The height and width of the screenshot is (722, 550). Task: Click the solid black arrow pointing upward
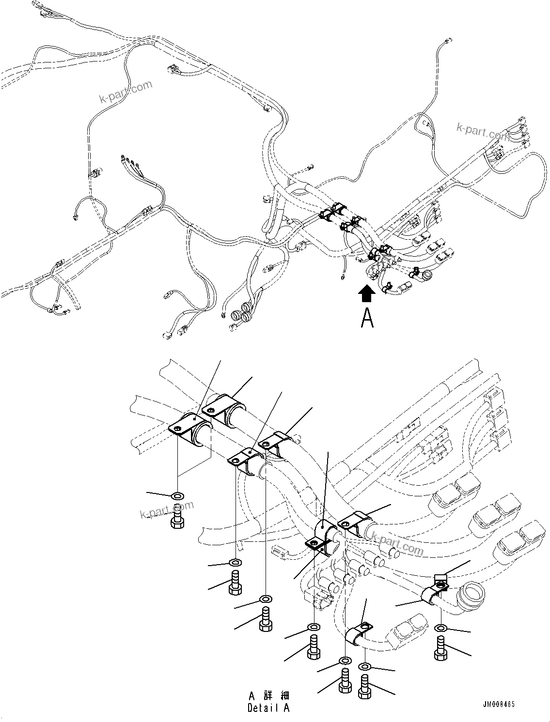point(367,293)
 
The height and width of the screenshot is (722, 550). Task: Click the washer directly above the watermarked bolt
point(178,496)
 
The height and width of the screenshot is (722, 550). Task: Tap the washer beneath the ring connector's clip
point(441,628)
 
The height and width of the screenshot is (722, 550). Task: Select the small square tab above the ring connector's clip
point(440,578)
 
